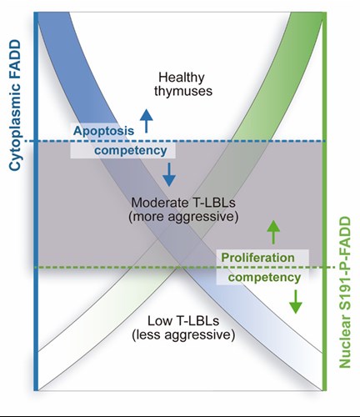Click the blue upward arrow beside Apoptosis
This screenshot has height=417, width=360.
coord(147,121)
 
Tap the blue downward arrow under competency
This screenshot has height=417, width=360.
coord(169,174)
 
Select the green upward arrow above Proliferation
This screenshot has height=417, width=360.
coord(273,233)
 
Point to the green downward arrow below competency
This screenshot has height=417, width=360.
coord(296,302)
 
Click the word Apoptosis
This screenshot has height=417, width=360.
coord(103,131)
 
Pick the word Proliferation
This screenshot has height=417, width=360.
coord(257,258)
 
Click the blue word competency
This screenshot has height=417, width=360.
coord(131,150)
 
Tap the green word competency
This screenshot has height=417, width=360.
coord(264,278)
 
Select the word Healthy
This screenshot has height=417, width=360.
coord(182,78)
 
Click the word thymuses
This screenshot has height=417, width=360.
coord(183,91)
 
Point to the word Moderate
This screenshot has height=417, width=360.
coord(160,203)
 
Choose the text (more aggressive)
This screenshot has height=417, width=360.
coord(183,217)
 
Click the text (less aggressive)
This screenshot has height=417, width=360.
coord(183,334)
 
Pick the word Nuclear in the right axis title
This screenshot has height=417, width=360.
coord(345,342)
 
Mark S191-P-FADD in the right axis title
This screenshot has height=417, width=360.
coord(345,264)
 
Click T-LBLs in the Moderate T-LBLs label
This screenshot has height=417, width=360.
coord(213,203)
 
